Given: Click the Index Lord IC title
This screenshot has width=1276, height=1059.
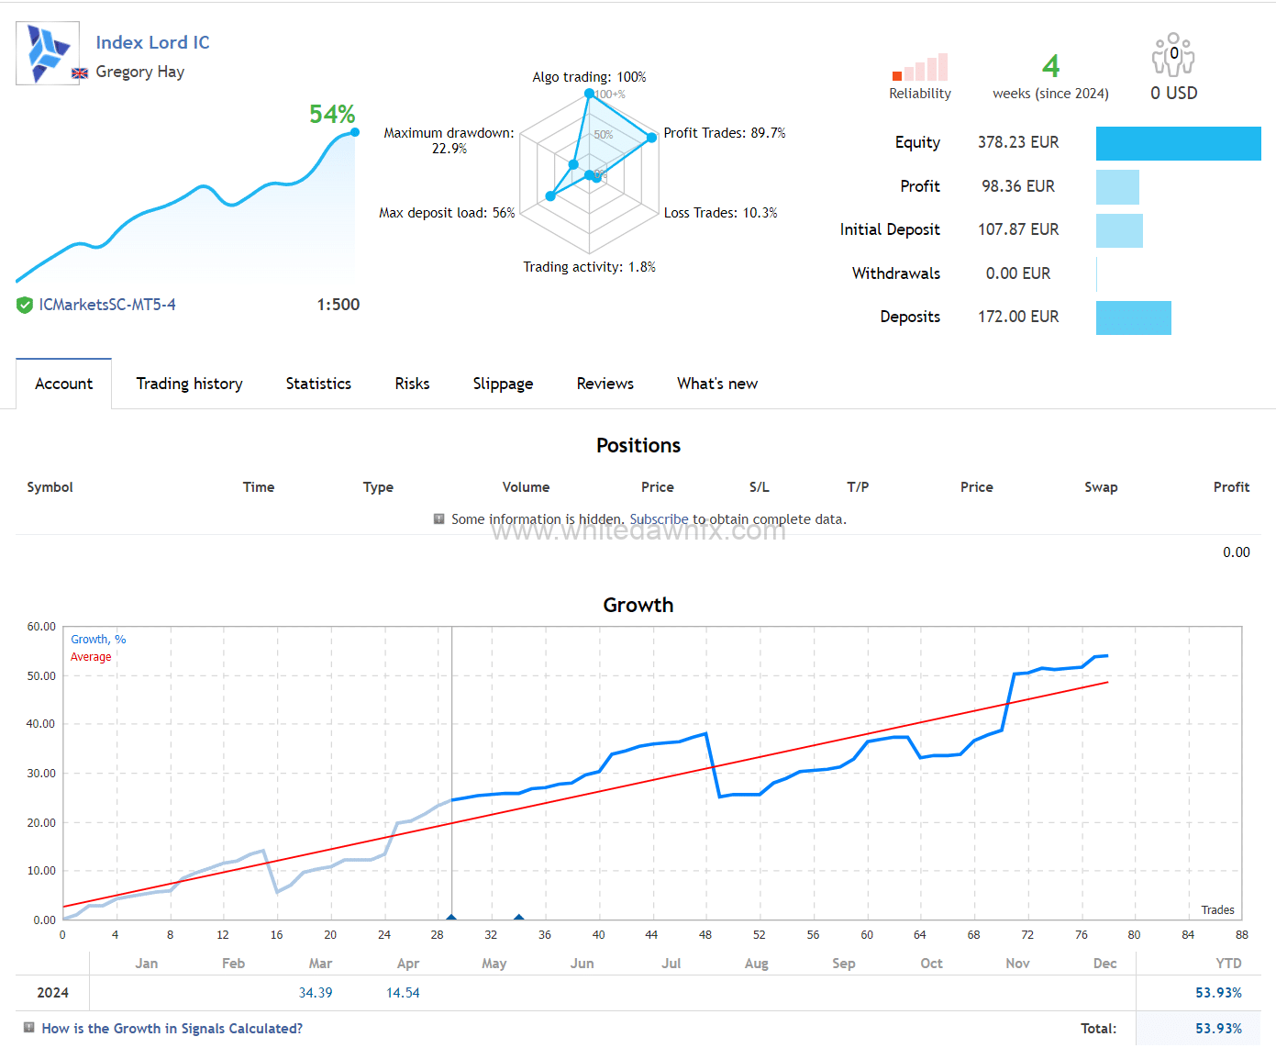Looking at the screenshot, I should click(152, 42).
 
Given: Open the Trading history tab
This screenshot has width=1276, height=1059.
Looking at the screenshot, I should click(189, 384).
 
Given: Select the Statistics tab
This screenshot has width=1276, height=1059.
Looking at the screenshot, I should click(318, 384).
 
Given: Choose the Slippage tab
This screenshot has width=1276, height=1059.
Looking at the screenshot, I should click(503, 384).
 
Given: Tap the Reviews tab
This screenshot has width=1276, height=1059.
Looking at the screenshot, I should click(605, 384).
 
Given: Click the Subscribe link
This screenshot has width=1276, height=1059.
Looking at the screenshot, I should click(659, 519).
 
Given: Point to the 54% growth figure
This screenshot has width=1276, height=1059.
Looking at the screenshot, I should click(331, 115).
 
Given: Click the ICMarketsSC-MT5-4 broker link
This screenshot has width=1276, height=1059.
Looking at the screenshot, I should click(107, 305).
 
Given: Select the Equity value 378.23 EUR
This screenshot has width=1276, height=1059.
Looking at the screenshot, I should click(1017, 142).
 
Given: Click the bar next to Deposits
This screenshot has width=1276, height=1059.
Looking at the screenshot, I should click(1133, 318).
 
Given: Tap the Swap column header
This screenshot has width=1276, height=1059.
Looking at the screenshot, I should click(1101, 487).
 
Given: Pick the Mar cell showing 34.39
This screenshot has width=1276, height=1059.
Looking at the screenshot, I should click(316, 993).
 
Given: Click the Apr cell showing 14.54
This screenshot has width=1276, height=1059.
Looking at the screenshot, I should click(403, 993).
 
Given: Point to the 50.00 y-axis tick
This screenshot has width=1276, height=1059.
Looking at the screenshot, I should click(41, 676).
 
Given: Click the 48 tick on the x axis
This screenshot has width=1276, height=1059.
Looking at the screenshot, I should click(705, 935).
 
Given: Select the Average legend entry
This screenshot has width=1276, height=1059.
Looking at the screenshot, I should click(91, 657).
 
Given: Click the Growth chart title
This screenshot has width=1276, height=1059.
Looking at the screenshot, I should click(638, 606).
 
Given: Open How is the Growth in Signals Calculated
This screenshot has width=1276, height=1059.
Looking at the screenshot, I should click(172, 1029).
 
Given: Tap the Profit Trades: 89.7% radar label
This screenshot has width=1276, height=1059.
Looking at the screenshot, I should click(724, 133).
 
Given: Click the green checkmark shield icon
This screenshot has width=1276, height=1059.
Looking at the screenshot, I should click(25, 306).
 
